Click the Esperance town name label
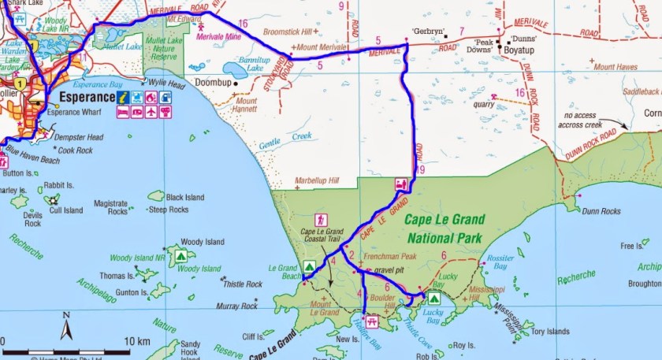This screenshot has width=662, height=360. (87, 98)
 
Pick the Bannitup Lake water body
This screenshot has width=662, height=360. (236, 69)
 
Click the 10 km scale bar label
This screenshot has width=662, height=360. (137, 342)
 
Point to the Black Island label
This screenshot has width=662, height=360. (185, 197)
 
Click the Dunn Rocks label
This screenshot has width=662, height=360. (604, 210)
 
